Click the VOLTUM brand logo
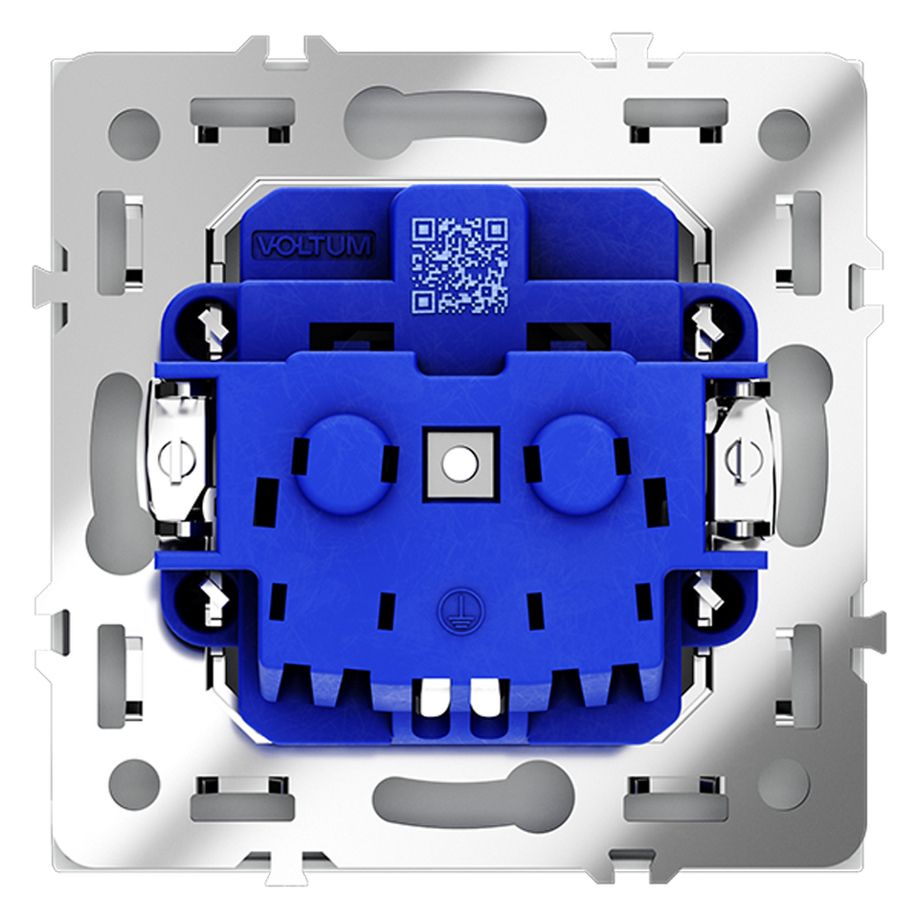tap(314, 246)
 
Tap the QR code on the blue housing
tap(459, 264)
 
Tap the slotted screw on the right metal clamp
tap(743, 459)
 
